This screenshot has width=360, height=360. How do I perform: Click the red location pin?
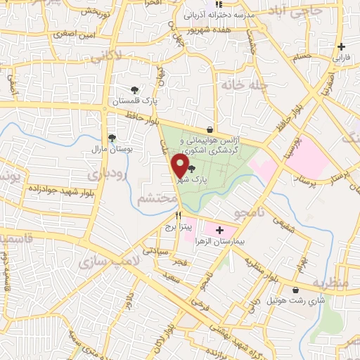click(x=181, y=166)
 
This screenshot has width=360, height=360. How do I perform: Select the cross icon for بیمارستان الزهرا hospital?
click(x=220, y=230)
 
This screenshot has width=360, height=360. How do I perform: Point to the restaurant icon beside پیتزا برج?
click(x=178, y=216)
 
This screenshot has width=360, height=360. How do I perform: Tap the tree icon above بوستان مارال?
click(x=111, y=138)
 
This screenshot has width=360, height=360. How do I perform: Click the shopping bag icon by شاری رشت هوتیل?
click(x=295, y=290)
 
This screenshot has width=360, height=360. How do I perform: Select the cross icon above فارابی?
click(x=341, y=46)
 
